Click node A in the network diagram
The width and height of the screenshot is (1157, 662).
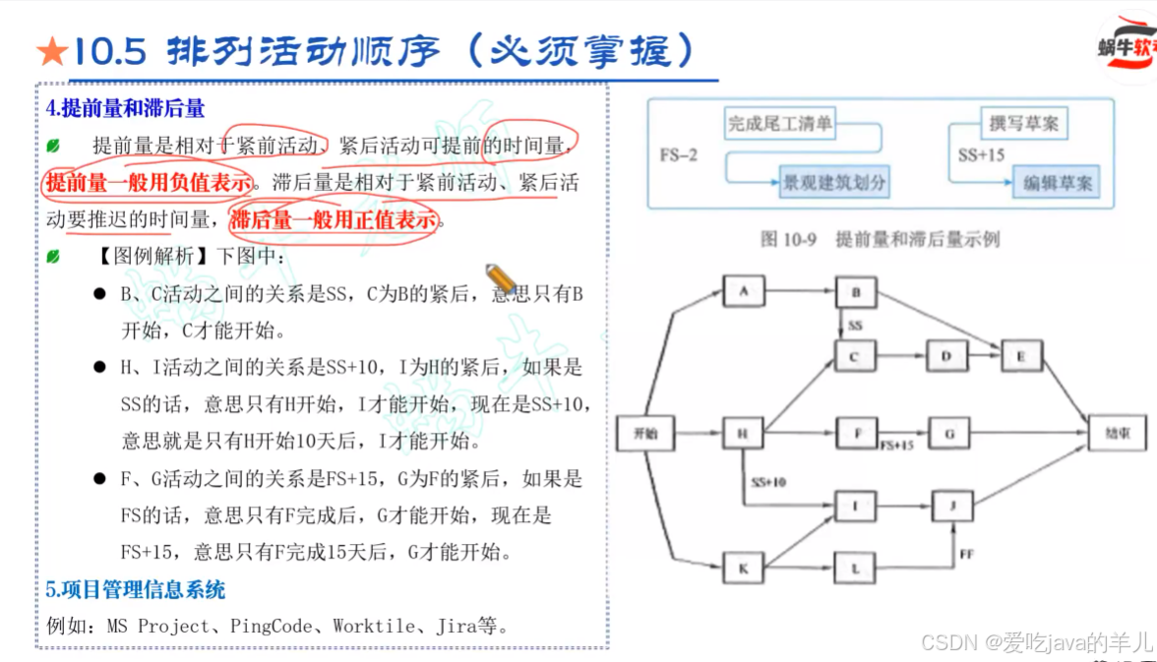click(x=743, y=291)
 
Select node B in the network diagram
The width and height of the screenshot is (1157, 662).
click(x=856, y=291)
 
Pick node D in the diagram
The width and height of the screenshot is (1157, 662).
click(x=946, y=357)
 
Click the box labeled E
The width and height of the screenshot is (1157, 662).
click(x=1021, y=356)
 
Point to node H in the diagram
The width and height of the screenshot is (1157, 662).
click(x=743, y=433)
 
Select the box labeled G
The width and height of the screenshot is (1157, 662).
click(x=948, y=433)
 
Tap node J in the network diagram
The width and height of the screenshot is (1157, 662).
click(x=951, y=506)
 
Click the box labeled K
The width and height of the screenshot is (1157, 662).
click(x=743, y=568)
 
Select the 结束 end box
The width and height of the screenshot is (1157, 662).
click(x=1117, y=433)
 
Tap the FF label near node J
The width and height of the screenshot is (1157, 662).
click(x=966, y=556)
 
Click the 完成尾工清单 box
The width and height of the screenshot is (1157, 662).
click(x=779, y=124)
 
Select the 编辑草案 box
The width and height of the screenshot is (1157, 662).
click(x=1058, y=183)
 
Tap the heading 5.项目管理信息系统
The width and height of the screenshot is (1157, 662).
click(x=136, y=590)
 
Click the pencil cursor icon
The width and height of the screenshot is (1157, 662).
click(x=500, y=277)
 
